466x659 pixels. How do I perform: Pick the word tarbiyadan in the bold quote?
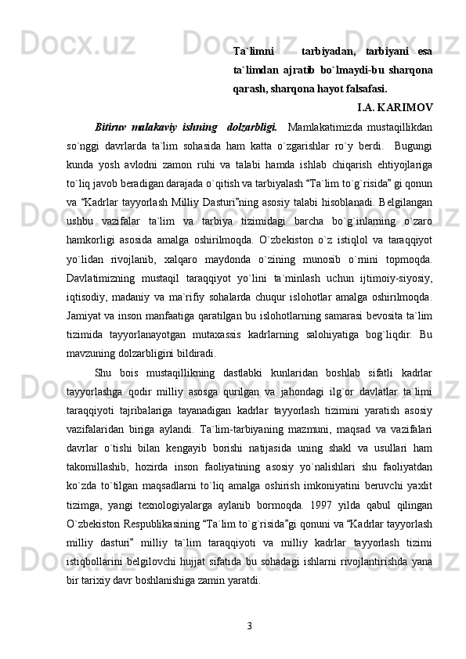(328, 52)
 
